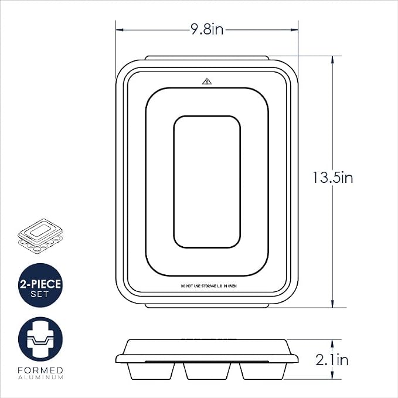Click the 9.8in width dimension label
tap(207, 29)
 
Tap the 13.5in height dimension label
tap(332, 178)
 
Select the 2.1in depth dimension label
tap(332, 360)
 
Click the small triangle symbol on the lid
tap(207, 81)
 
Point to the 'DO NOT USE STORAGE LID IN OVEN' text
tap(209, 286)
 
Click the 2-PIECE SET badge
tap(40, 285)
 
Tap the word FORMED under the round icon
tap(40, 370)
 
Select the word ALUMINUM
tap(40, 377)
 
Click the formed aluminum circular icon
tap(40, 339)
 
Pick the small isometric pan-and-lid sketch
tap(40, 236)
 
